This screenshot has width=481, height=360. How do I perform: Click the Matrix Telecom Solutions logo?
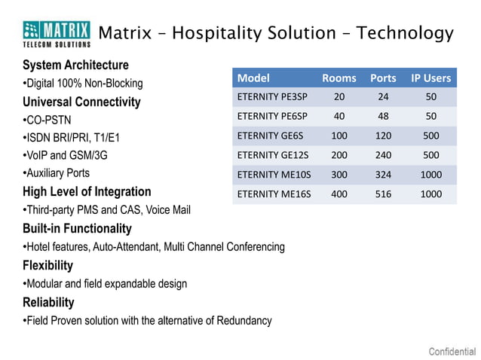pos(57,33)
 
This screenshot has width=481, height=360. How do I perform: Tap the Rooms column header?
pos(339,78)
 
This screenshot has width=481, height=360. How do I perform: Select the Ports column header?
pos(383,78)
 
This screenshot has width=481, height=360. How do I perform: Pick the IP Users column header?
pos(430,78)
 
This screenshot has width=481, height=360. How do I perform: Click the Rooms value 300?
pos(339,175)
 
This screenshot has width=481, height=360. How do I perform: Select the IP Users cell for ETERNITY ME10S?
pos(430,175)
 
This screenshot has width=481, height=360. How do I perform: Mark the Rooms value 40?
pos(339,117)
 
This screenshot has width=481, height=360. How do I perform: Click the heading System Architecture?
pos(75,65)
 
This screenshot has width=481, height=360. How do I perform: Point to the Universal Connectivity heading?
pos(81,102)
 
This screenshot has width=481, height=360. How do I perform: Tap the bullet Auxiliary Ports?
pos(57,173)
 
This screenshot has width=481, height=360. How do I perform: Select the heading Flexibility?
pos(48,265)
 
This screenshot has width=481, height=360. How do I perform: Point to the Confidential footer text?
pos(452,351)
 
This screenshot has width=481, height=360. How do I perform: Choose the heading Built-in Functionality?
pos(77,228)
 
